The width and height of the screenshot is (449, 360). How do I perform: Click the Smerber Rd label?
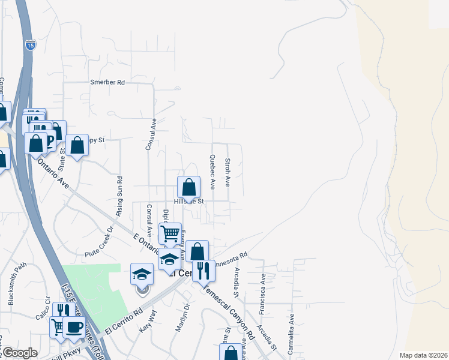pos(107,82)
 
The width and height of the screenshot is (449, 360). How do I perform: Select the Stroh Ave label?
pos(228,172)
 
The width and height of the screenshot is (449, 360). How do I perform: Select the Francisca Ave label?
pos(262,295)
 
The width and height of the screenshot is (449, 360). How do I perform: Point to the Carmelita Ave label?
pos(292,334)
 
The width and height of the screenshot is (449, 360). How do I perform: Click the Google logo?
pos(19,353)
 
